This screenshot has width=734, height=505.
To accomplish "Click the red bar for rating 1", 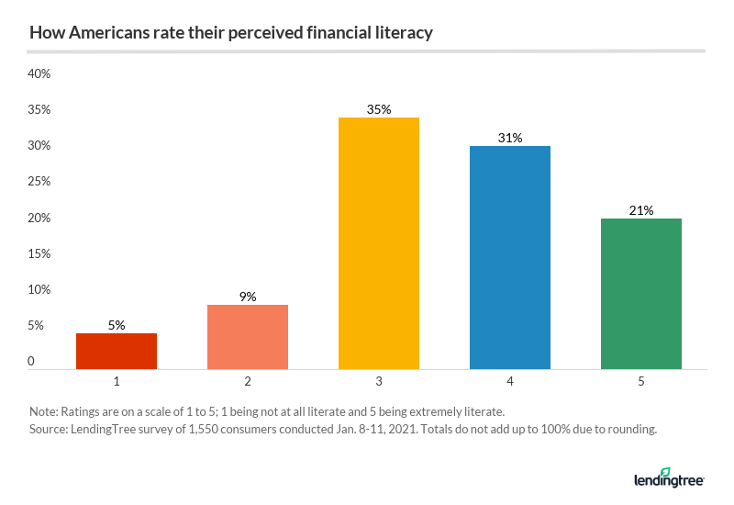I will [x=117, y=351].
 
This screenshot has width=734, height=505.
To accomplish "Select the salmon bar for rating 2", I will [x=248, y=336].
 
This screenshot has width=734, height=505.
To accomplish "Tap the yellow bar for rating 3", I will [x=379, y=242].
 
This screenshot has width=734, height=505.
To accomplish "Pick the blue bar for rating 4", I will [x=510, y=257].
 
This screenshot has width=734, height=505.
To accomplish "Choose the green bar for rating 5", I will [x=641, y=293].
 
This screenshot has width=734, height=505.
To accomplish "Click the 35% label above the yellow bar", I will [x=379, y=109].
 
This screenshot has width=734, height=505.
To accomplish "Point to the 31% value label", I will [x=510, y=139].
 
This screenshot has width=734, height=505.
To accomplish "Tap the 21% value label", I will [x=641, y=210].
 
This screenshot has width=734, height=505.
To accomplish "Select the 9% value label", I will [x=248, y=297].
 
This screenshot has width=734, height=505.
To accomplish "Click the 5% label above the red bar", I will [x=117, y=325].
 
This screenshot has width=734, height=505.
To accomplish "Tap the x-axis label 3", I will [x=379, y=379].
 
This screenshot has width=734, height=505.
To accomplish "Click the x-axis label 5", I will [x=641, y=379].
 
